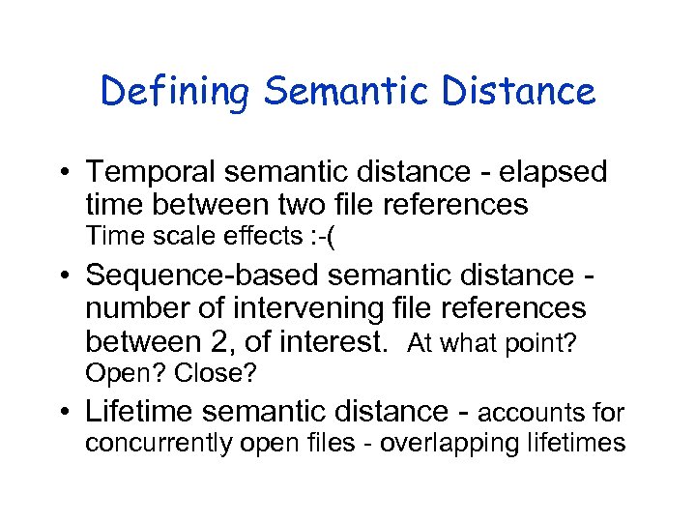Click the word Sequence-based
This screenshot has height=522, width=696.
202,276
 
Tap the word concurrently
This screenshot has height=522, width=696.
157,444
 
